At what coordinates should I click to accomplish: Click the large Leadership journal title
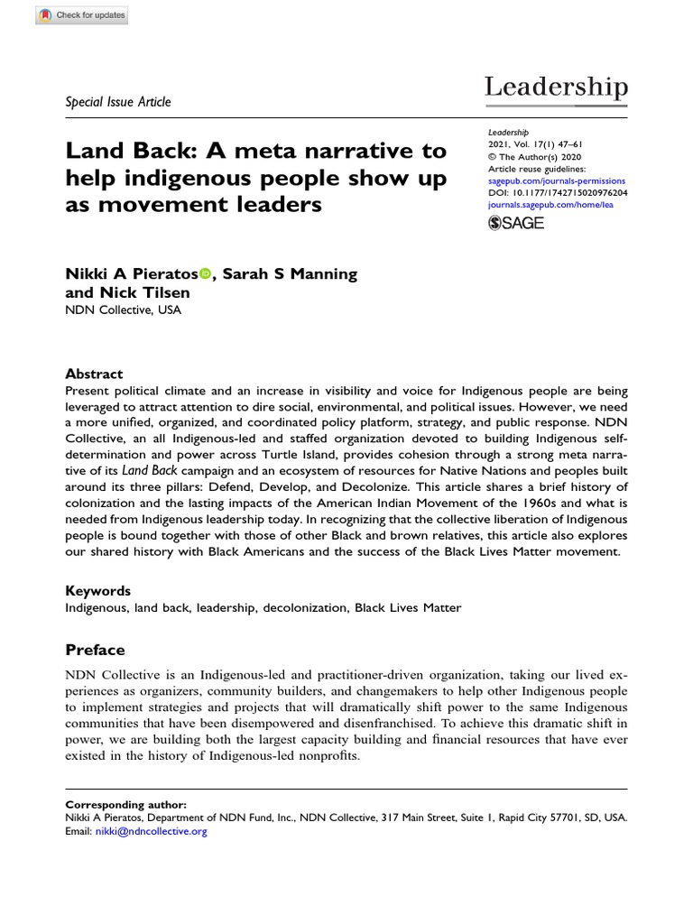click(x=556, y=88)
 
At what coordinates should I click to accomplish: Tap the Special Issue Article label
click(x=118, y=101)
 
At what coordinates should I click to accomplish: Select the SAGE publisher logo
click(x=516, y=223)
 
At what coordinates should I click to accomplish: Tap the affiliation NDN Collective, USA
click(x=123, y=310)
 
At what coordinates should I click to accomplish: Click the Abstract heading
click(x=94, y=374)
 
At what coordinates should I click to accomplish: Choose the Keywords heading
click(x=97, y=591)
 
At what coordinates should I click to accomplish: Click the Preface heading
click(x=95, y=650)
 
